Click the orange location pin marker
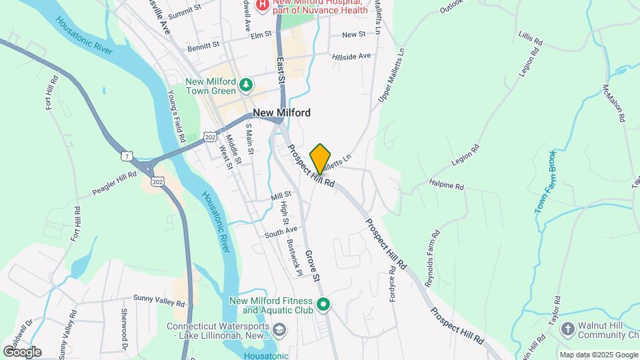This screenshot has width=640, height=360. (321, 157)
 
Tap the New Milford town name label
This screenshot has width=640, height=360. (281, 113)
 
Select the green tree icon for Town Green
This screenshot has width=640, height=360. (247, 85)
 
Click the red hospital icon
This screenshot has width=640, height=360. (263, 5)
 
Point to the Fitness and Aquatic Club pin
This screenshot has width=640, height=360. (323, 305)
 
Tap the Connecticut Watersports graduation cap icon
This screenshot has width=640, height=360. (279, 330)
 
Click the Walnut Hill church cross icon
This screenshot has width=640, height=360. (567, 328)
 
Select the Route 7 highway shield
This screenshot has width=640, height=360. (126, 156)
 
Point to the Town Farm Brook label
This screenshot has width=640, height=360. (543, 182)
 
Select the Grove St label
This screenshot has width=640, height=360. (313, 264)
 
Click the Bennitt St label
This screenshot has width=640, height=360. (203, 45)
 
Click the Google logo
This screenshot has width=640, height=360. (22, 351)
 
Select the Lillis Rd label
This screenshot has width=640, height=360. (530, 39)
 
